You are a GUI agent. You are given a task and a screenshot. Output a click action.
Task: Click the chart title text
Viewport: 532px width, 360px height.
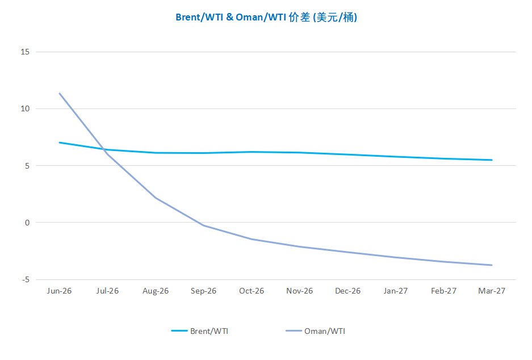[266, 17]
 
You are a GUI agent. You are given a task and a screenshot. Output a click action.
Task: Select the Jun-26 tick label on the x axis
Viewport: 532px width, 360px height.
[60, 291]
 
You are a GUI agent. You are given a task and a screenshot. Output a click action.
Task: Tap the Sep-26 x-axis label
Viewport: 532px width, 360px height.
[204, 291]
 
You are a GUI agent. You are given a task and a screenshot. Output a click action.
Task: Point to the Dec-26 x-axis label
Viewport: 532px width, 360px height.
[347, 291]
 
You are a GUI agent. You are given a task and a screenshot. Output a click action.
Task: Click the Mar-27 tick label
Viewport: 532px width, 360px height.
[492, 291]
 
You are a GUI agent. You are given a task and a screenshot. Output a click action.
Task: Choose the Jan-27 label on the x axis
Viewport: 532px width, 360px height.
[396, 291]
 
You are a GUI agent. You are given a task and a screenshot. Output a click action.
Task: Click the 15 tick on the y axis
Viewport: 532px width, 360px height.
[24, 52]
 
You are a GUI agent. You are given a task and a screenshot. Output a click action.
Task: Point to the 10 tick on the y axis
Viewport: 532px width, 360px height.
[24, 109]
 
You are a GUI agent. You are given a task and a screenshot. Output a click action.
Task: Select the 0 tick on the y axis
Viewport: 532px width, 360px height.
[27, 223]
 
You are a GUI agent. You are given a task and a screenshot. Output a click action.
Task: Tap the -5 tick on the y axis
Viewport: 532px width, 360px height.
[25, 279]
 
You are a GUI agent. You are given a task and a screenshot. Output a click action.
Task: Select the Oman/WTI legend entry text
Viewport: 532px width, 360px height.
[324, 331]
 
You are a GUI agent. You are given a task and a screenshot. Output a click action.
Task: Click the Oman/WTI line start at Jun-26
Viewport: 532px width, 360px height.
[60, 93]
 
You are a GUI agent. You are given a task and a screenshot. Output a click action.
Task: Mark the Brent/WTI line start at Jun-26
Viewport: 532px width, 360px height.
[60, 143]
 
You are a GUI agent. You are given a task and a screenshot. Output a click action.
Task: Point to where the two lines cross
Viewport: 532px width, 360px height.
[104, 149]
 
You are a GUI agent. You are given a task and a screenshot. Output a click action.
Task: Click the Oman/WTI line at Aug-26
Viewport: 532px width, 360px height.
[156, 198]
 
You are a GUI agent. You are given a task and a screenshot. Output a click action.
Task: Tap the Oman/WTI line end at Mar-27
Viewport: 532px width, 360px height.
[492, 265]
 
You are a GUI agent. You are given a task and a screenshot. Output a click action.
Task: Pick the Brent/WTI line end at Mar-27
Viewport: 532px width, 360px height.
[492, 160]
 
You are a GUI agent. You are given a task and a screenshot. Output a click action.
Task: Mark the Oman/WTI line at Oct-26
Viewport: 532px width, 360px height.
[252, 239]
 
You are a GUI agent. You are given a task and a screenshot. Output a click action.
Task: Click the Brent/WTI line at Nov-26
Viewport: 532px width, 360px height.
[300, 153]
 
